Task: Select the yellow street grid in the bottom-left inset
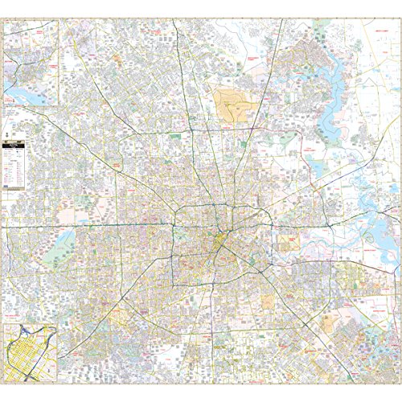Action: tap(28, 354)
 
